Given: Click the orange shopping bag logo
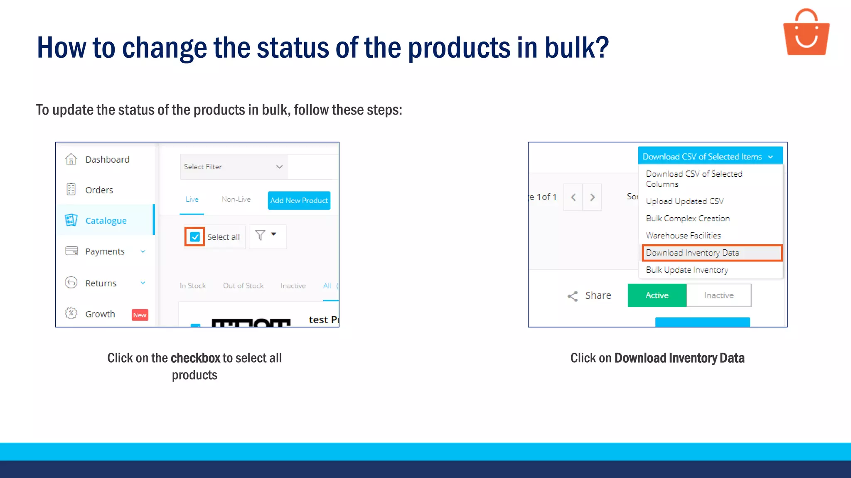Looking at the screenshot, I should point(806,33).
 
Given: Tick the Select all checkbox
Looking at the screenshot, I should point(194,237).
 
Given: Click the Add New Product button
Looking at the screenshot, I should point(299,200).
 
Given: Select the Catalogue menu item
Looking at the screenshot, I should point(106,221).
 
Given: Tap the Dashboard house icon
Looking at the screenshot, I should point(71,159).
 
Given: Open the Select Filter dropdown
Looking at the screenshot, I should point(234,167).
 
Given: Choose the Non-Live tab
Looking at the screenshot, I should point(236,200).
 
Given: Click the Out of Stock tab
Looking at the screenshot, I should point(243,286).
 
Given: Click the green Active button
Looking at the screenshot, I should point(657,295).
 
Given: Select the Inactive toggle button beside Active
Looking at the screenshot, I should point(718,295).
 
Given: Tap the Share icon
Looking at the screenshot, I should point(573,296).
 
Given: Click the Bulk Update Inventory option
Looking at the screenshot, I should point(687,270).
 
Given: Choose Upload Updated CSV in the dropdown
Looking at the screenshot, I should point(684,201).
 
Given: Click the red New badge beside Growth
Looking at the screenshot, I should point(140,315).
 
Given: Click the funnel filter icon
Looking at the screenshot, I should point(261,235).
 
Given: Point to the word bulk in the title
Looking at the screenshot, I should point(576,48).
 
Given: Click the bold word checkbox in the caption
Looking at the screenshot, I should point(195,358).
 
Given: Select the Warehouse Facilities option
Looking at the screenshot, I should point(683,236).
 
